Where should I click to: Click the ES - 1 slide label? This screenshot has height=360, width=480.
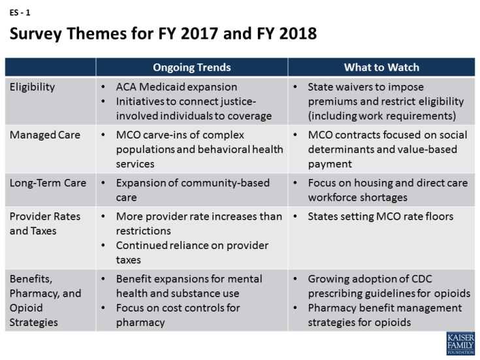(20, 12)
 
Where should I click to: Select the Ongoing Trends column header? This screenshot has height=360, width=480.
(192, 67)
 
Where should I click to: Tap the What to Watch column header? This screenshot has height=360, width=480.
(381, 67)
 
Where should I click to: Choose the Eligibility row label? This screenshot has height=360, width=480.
(32, 87)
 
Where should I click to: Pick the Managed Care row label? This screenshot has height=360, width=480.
(45, 135)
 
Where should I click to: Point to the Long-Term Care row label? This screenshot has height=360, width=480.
(48, 183)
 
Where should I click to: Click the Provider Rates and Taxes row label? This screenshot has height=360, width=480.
(45, 223)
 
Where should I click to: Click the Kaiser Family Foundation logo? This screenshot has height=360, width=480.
(460, 343)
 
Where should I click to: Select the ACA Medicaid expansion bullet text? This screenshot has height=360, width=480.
(176, 87)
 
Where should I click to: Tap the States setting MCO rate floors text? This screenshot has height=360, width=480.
(381, 216)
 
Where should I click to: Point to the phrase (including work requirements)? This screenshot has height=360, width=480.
(382, 116)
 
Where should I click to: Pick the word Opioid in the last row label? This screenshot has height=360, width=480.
(26, 308)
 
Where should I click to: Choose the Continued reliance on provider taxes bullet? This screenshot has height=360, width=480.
(192, 252)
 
